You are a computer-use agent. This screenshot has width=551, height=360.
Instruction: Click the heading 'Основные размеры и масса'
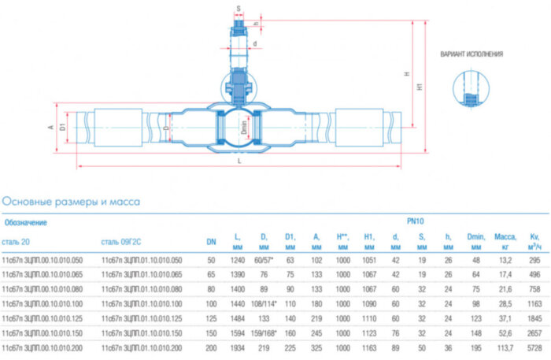point(71,202)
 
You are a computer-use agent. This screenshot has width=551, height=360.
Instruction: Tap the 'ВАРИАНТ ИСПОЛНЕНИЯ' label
point(471,54)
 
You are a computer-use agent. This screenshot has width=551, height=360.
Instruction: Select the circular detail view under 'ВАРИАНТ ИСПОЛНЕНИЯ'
point(470,91)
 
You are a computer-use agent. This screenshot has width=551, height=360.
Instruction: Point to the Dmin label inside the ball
point(244,125)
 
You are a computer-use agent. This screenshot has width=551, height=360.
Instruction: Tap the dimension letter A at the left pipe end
point(50,126)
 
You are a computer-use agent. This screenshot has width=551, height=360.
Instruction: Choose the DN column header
point(211,240)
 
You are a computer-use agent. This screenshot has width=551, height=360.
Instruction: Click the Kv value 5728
point(535,346)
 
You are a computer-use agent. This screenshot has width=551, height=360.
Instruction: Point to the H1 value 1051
point(368,259)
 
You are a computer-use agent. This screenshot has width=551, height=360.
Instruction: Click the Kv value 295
point(535,259)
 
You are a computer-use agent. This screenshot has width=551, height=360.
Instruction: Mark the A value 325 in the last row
point(316,346)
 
